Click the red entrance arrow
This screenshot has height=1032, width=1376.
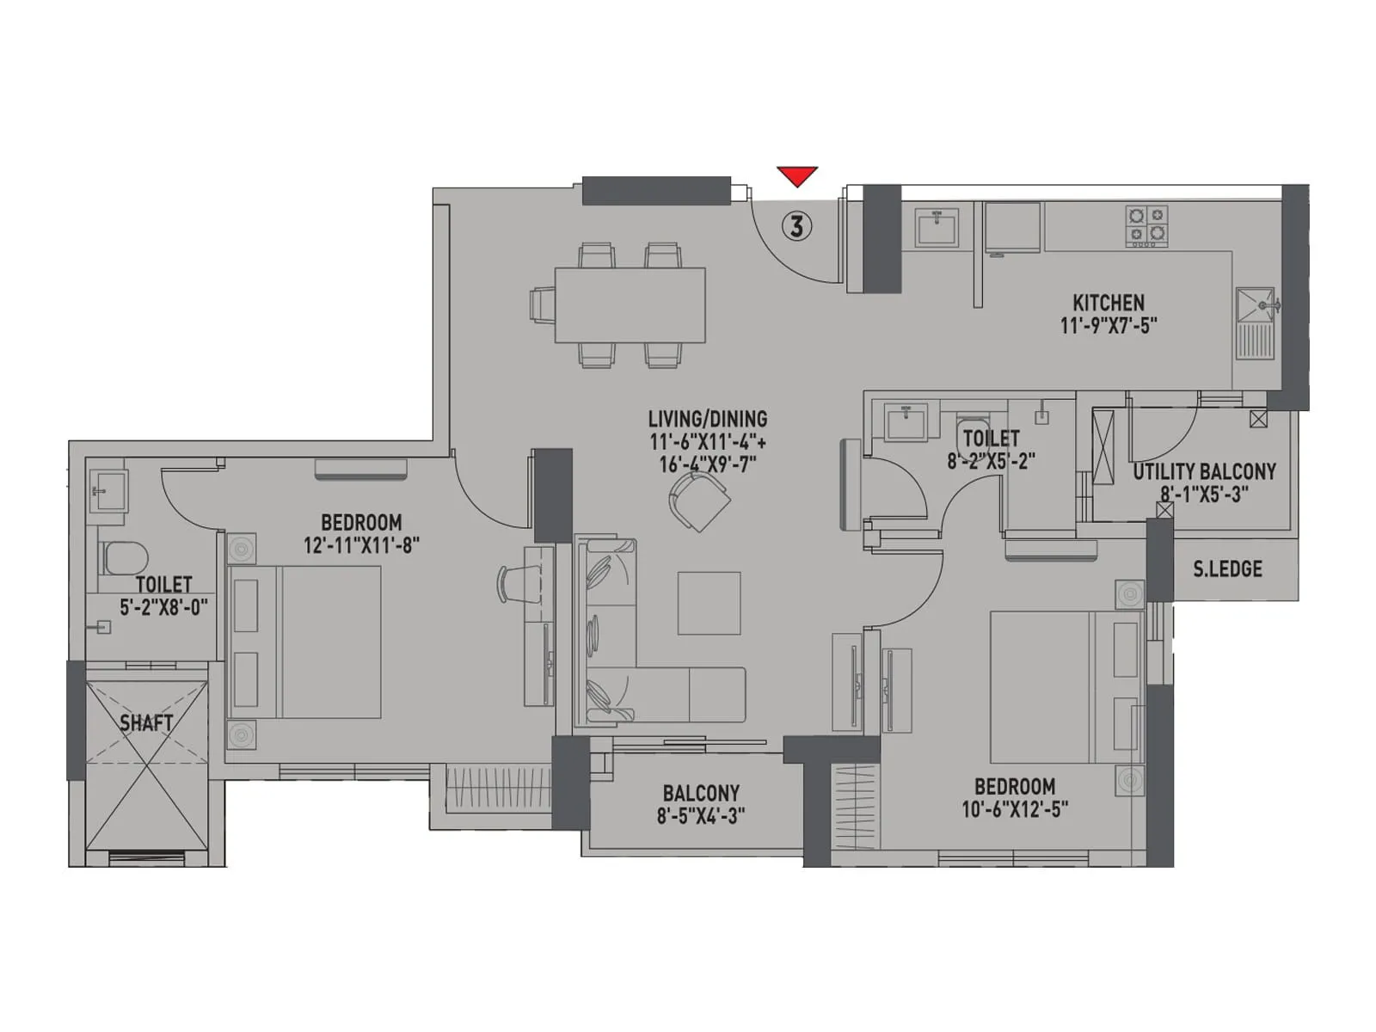(797, 175)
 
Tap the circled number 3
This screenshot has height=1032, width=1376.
(797, 226)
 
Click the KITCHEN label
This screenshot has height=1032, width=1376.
(1108, 303)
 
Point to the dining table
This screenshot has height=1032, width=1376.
(630, 305)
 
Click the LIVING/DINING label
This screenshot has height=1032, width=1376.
(708, 419)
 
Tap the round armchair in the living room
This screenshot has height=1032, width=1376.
(698, 502)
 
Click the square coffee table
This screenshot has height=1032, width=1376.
(709, 603)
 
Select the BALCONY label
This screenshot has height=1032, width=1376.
(701, 793)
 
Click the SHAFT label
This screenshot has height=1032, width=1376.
(146, 723)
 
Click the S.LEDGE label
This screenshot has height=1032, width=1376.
(1227, 568)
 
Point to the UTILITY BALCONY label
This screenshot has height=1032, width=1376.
(1204, 471)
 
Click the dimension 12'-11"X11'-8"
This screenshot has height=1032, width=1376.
(361, 545)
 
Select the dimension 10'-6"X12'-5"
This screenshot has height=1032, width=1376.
(1015, 809)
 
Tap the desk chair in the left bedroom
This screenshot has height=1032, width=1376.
(510, 584)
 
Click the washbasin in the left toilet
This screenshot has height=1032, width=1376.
(107, 492)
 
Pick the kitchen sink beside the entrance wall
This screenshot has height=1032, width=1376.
(937, 228)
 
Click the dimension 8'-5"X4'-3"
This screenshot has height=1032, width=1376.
(701, 815)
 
